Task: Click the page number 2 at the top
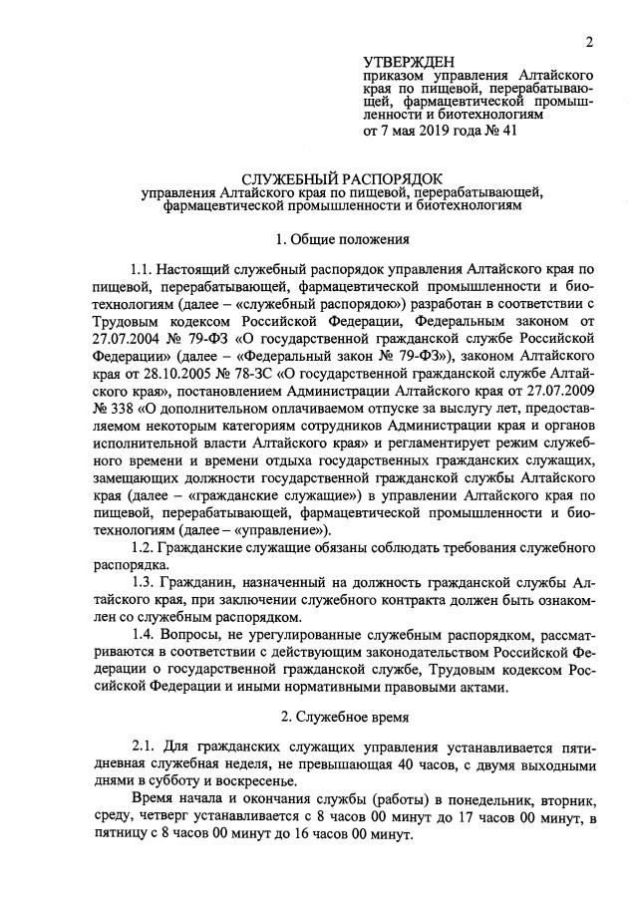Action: (589, 42)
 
